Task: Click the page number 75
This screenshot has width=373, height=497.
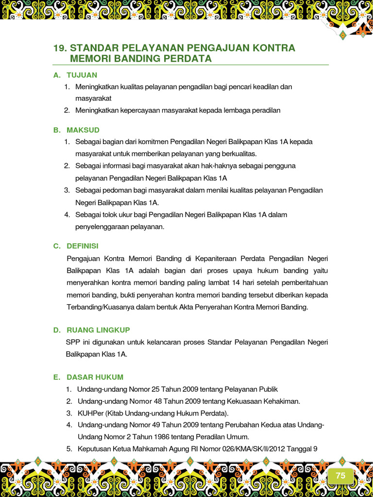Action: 340,476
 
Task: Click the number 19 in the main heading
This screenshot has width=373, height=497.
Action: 59,48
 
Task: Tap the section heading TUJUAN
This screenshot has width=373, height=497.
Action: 82,75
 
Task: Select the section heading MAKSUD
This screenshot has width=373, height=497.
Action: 83,130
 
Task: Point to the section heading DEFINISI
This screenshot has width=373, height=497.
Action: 83,246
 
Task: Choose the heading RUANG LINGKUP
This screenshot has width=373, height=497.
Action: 99,330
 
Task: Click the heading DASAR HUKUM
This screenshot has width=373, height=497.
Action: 95,377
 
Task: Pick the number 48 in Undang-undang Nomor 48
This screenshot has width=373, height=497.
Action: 157,401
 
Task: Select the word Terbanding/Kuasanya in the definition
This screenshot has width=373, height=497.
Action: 99,307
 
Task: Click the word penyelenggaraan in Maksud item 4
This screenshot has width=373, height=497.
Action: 101,227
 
